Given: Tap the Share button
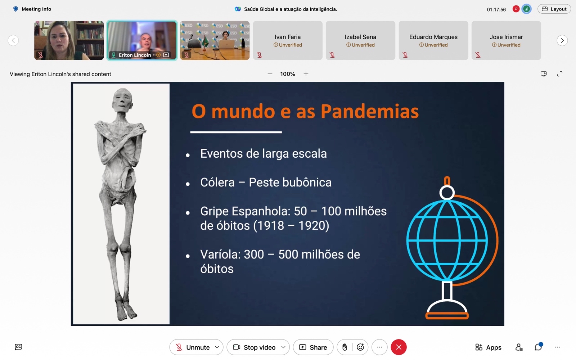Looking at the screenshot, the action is [x=313, y=347].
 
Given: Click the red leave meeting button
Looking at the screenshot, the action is [x=399, y=347].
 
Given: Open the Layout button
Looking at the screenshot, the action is [x=554, y=9].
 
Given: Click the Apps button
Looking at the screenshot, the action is [x=488, y=347].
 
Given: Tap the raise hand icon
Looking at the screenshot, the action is [x=345, y=347].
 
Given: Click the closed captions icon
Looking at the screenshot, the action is [x=18, y=347].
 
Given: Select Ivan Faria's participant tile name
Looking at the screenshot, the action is [x=288, y=37].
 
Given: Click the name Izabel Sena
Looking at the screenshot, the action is [x=360, y=37].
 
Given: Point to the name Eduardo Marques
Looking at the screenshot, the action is [x=433, y=37].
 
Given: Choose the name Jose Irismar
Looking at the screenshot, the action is [x=506, y=37].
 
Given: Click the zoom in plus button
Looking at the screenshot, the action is [x=306, y=74].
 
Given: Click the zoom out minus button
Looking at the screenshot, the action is [x=270, y=74].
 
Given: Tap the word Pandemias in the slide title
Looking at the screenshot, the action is [x=369, y=112].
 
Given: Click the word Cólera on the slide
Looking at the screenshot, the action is [x=217, y=182].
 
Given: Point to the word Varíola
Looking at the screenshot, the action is [x=220, y=254].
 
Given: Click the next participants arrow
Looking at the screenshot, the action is [x=562, y=40].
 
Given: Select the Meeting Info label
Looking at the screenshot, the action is [x=36, y=9].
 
